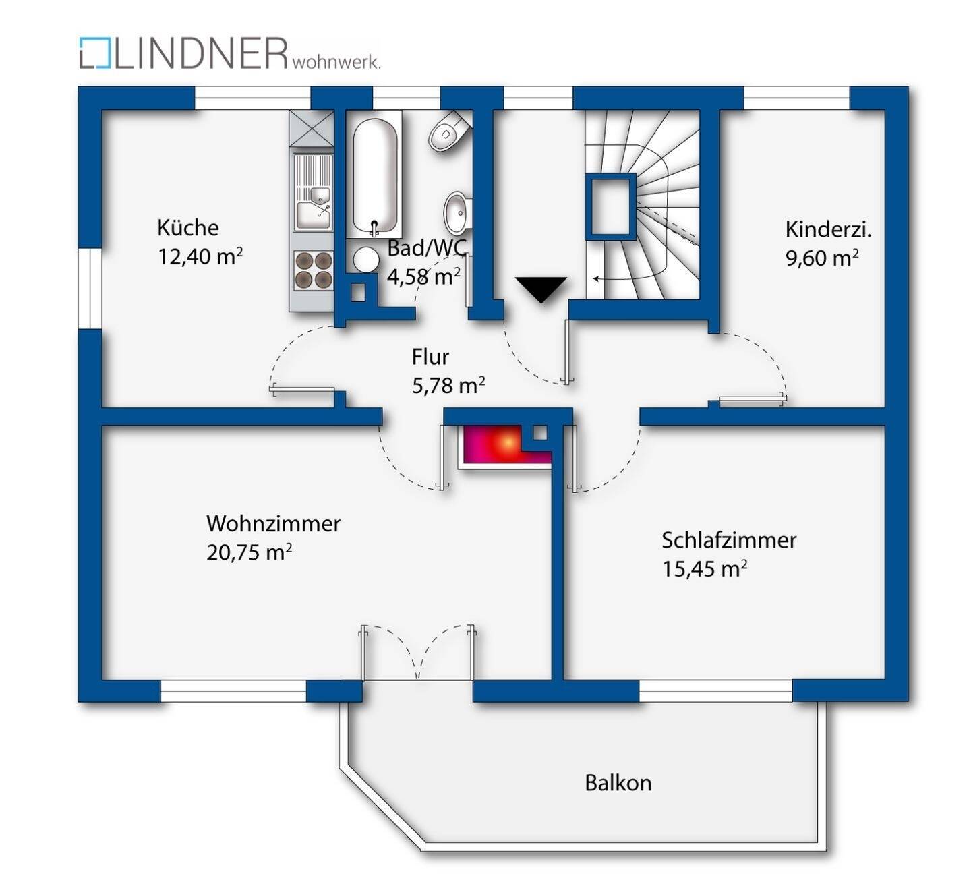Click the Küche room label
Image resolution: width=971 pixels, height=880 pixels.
point(188,227)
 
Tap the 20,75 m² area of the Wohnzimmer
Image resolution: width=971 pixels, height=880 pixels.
point(249,552)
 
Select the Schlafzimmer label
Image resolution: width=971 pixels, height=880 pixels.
point(728,540)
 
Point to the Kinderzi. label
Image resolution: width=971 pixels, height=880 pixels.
point(828,229)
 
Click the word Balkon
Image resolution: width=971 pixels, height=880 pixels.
point(618,783)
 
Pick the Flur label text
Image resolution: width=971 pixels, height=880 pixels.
point(430,356)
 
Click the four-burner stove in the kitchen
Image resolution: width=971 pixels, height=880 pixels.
point(314,270)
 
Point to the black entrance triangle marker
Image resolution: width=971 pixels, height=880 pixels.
point(541,289)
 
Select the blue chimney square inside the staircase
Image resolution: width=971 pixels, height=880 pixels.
point(610,206)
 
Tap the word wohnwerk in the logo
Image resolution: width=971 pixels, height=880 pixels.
point(336,63)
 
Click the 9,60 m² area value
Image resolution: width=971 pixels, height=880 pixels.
point(821,258)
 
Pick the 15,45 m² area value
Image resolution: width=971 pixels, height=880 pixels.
point(704,568)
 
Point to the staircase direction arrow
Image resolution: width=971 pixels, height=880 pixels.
point(610,278)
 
